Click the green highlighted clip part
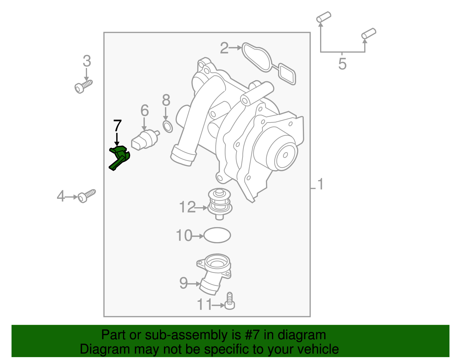point(120,157)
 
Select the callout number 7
point(117,126)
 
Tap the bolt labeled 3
point(83,86)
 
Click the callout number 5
point(342,64)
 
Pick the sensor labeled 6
point(145,140)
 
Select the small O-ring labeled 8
point(168,127)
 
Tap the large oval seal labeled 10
point(217,235)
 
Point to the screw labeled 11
point(230,301)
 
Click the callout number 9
point(183,283)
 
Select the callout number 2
point(224,48)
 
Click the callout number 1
point(320,184)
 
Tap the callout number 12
point(187,207)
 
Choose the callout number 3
point(87,61)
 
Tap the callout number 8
point(166,101)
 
